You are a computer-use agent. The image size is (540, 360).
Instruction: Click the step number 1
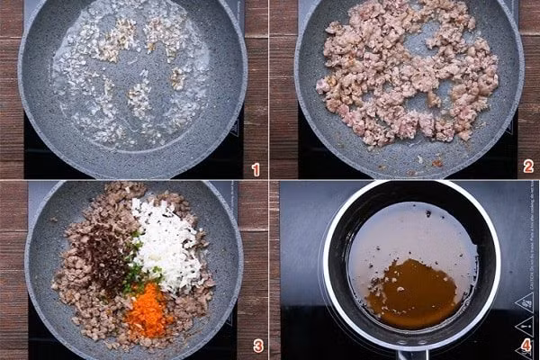256,169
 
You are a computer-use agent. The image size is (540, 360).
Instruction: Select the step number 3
257,346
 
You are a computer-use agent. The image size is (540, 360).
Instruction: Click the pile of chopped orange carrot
149,311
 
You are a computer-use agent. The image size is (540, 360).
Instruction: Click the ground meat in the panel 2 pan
405,81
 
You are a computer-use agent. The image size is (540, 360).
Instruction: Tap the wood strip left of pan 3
11,270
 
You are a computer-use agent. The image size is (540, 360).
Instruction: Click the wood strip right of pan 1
256,72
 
